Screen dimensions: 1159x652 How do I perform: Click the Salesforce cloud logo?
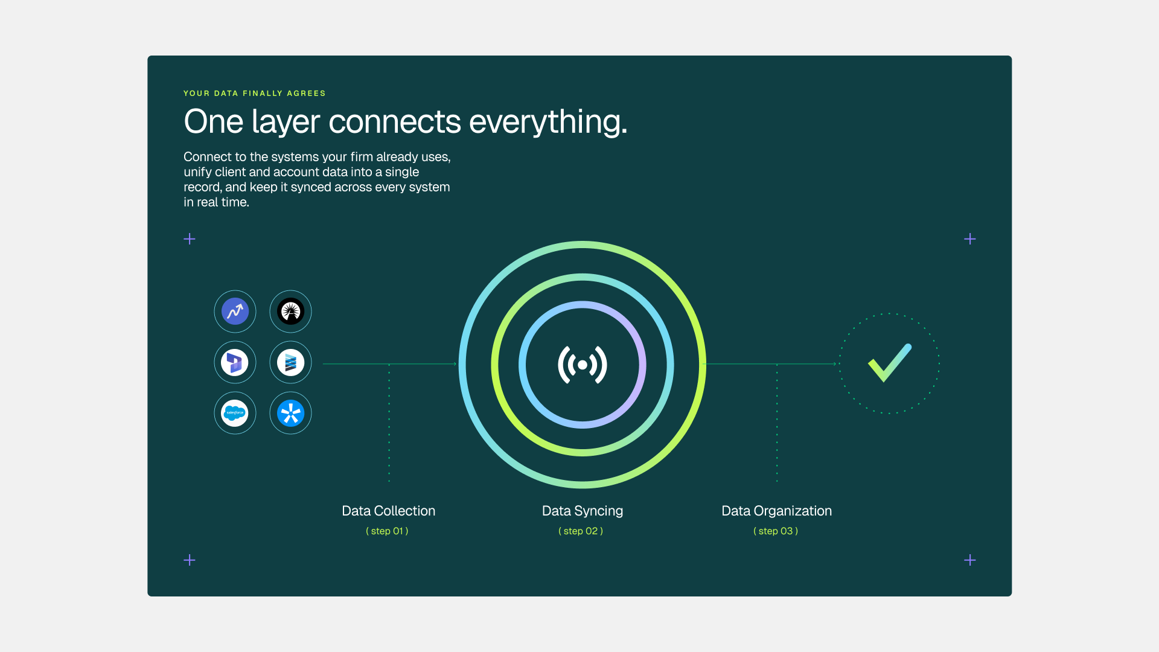coord(235,413)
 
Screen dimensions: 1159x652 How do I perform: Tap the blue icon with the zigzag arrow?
coord(235,312)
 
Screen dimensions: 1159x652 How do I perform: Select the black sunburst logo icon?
coord(290,312)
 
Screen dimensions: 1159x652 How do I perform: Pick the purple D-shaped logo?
coord(235,362)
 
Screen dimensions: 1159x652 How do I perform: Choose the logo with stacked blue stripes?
coord(290,362)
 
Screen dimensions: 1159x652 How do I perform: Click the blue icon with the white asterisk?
coord(290,413)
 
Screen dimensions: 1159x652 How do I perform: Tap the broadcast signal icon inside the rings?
coord(583,365)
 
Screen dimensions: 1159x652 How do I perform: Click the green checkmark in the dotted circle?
coord(890,363)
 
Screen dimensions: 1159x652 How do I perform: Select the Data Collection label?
coord(388,511)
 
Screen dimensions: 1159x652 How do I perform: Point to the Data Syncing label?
coord(583,511)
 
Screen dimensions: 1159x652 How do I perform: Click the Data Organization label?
coord(776,511)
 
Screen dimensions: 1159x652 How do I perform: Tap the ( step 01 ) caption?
coord(387,531)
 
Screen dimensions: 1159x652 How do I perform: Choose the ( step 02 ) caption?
coord(581,531)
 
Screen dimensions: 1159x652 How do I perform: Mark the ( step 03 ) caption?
coord(776,531)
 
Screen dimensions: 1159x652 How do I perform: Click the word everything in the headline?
coord(548,123)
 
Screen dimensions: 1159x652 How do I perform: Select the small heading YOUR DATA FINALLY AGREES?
coord(255,94)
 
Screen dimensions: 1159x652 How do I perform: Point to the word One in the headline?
coord(214,121)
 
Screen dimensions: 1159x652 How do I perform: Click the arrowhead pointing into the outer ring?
coord(455,364)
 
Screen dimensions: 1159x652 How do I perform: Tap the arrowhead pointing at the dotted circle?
coord(834,364)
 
